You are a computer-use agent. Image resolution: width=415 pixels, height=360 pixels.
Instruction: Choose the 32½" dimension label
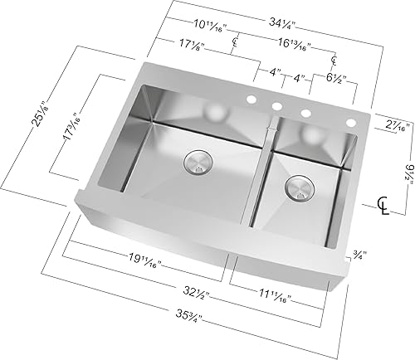196,292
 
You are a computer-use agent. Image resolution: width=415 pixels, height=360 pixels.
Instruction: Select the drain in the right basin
299,188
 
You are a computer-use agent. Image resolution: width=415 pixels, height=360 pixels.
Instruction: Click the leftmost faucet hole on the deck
248,100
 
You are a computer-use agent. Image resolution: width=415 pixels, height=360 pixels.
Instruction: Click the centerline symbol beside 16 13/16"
334,60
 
